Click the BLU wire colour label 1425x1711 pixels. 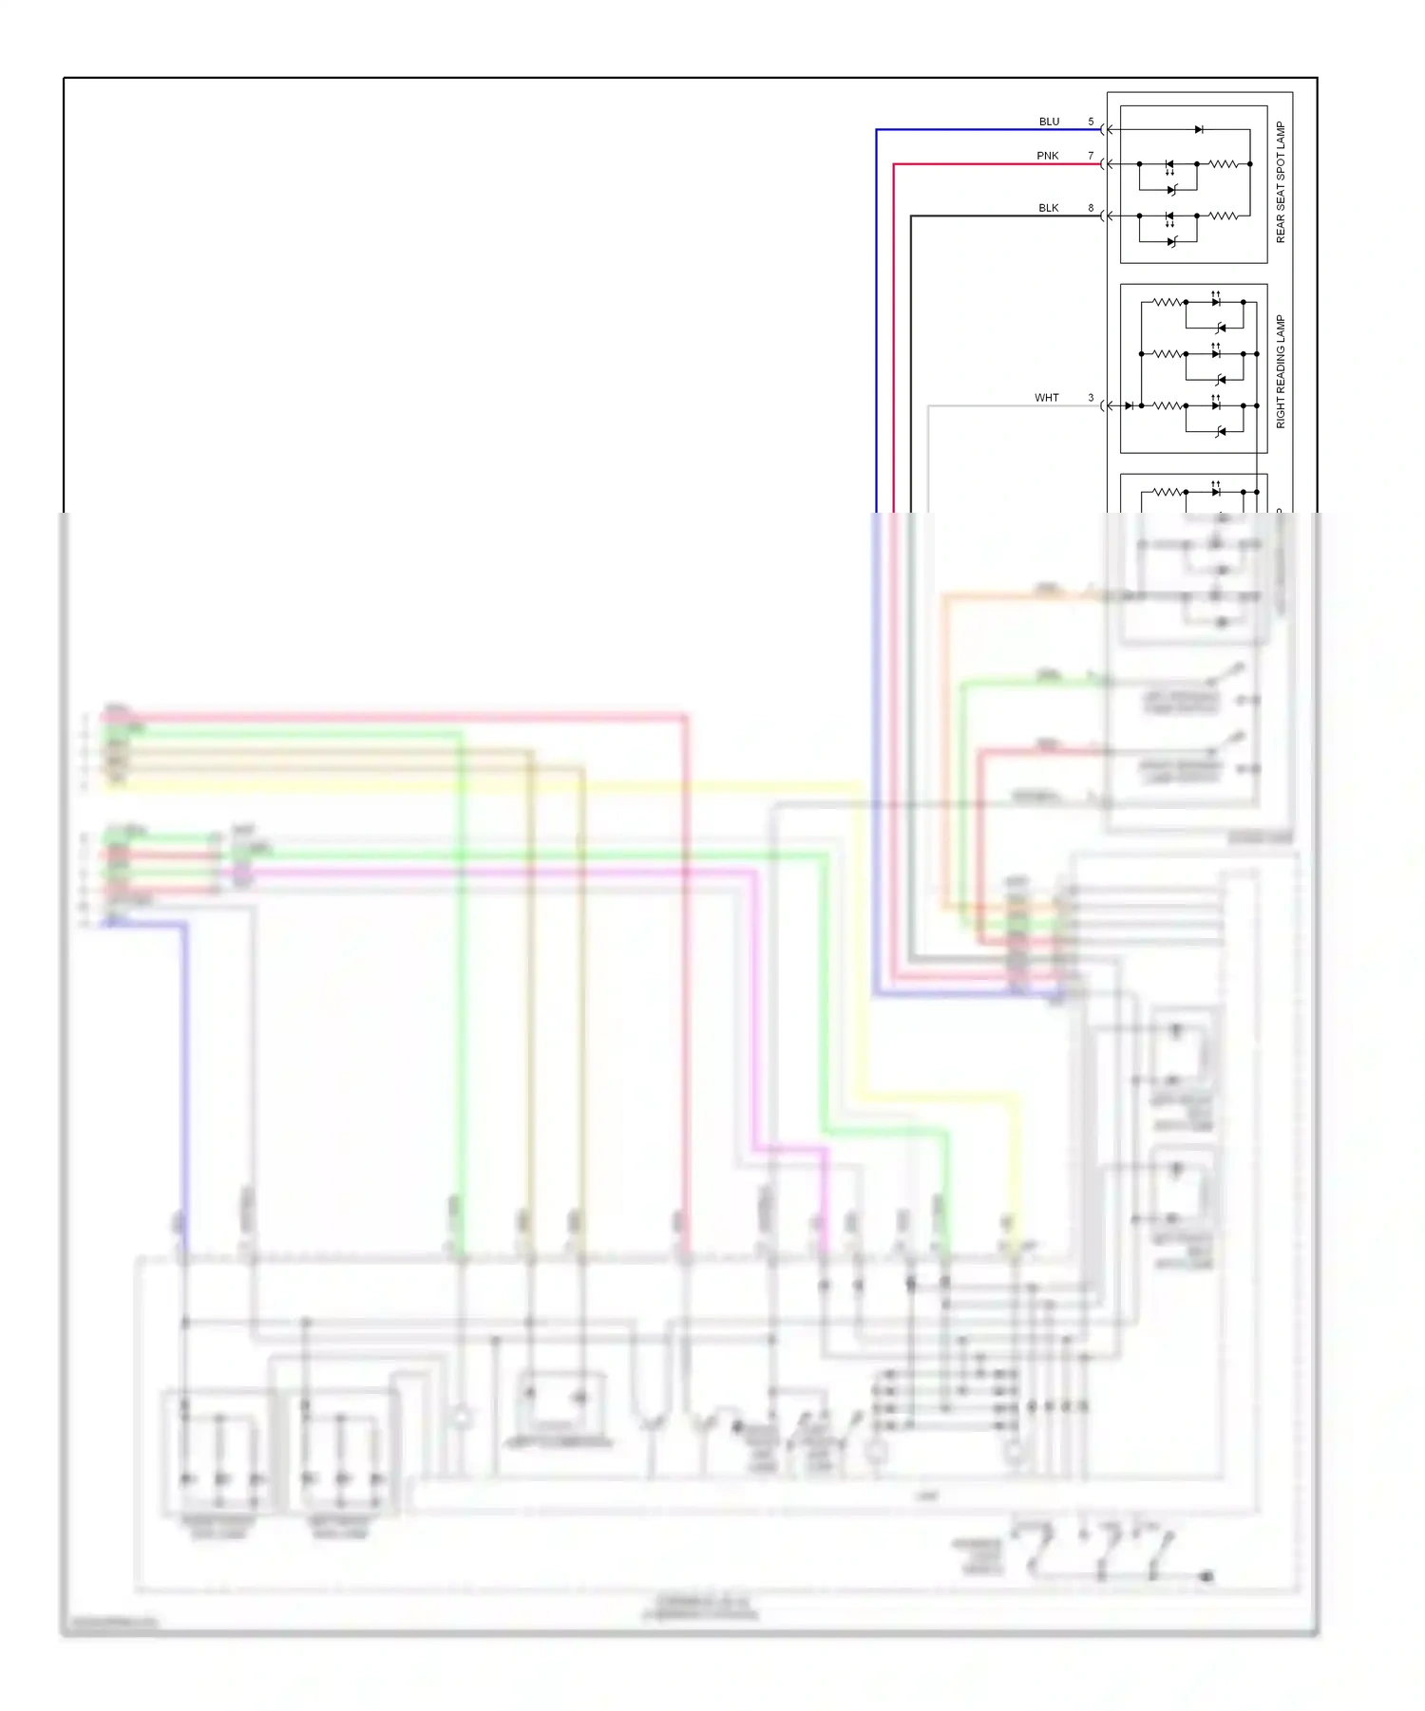point(1049,122)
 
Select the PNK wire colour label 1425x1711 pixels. point(1047,156)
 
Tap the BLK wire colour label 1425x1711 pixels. point(1048,208)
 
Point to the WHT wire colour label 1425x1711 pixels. point(1046,398)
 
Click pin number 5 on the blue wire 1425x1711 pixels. point(1091,122)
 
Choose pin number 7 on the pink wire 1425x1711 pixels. point(1091,156)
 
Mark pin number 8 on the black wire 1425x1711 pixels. point(1091,208)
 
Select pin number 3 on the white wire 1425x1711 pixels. point(1091,398)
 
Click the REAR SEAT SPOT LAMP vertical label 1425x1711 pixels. point(1280,182)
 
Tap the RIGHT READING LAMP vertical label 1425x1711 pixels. point(1280,371)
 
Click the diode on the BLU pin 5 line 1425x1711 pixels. point(1199,129)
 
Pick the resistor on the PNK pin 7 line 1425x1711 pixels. point(1224,164)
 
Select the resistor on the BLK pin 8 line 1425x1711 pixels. point(1224,216)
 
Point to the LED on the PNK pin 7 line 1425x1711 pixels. point(1169,164)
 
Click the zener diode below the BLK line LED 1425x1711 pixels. point(1172,242)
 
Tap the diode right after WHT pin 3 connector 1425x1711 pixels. point(1129,406)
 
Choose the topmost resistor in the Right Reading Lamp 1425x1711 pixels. point(1167,302)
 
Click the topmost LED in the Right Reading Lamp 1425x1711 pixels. point(1216,302)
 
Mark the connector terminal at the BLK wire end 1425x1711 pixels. point(1105,216)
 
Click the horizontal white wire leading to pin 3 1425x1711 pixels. point(1007,406)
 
